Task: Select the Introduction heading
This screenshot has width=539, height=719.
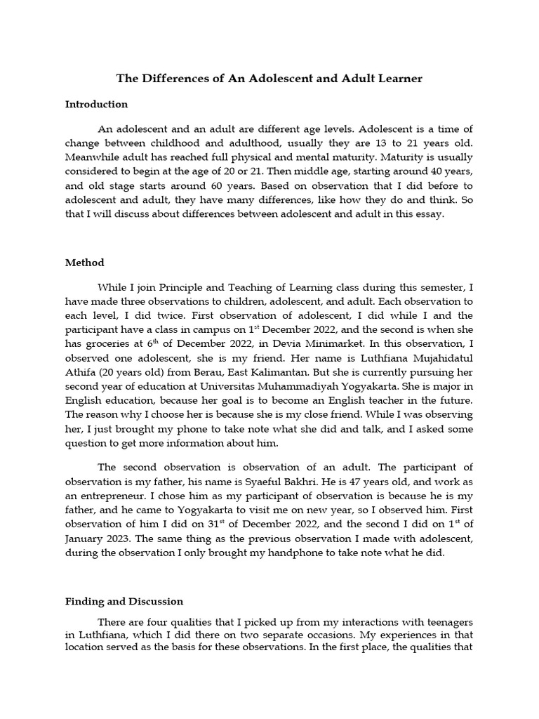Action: (96, 104)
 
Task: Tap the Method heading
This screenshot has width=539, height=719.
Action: (84, 263)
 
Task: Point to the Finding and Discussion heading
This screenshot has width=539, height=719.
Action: (124, 601)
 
